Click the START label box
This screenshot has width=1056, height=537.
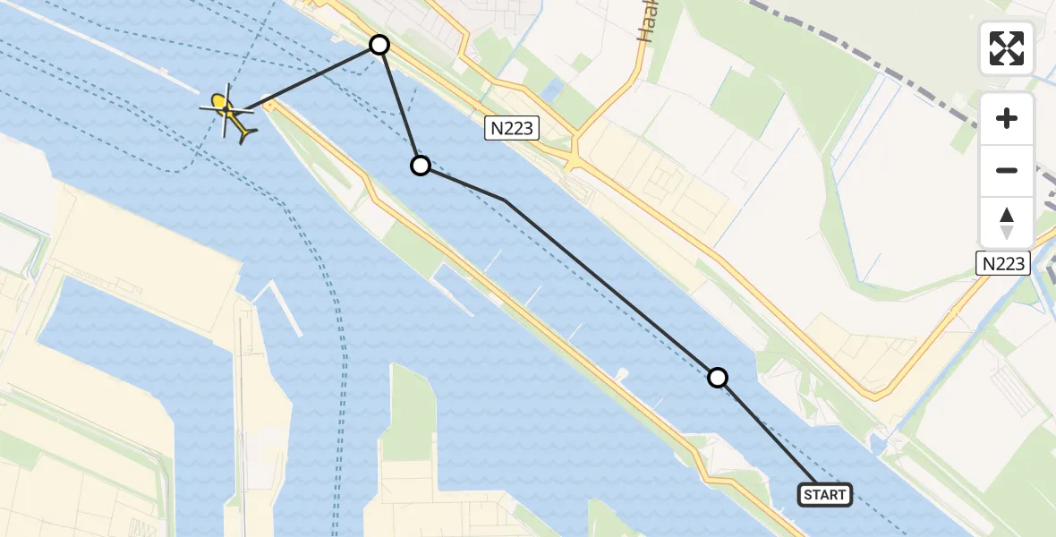pyautogui.click(x=824, y=495)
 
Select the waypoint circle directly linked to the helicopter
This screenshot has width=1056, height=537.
pyautogui.click(x=379, y=45)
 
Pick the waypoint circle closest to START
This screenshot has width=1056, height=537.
pyautogui.click(x=718, y=378)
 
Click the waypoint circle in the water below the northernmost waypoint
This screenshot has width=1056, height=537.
pyautogui.click(x=421, y=166)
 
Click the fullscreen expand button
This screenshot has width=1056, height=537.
pyautogui.click(x=1007, y=48)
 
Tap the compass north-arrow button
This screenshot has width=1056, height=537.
pyautogui.click(x=1007, y=222)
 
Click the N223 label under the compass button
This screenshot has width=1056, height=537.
pyautogui.click(x=1001, y=262)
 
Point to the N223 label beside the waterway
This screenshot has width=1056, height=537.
pyautogui.click(x=512, y=129)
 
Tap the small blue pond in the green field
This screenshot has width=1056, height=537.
pyautogui.click(x=551, y=89)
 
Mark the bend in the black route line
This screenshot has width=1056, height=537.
pyautogui.click(x=506, y=200)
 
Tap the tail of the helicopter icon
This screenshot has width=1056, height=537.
pyautogui.click(x=246, y=133)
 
